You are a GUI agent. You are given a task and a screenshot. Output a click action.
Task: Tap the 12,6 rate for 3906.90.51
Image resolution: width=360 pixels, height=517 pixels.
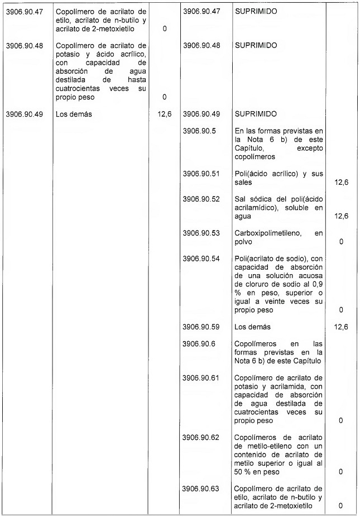(x=340, y=183)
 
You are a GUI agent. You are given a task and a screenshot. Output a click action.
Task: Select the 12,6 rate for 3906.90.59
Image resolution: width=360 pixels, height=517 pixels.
(x=340, y=327)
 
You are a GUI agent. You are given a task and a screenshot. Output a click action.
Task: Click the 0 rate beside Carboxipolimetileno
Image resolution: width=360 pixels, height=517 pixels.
(x=340, y=242)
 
